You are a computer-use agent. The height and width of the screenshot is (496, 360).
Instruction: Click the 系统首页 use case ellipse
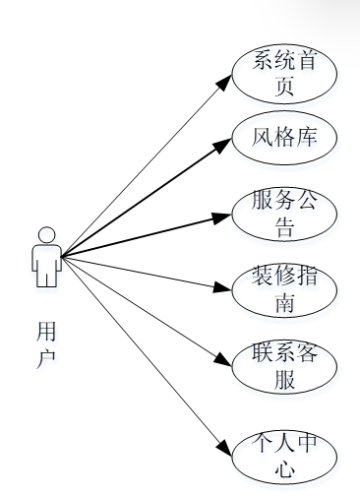(284, 73)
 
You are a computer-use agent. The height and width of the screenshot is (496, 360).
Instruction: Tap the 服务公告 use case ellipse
(284, 216)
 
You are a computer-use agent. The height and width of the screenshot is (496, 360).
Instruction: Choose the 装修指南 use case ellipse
(284, 292)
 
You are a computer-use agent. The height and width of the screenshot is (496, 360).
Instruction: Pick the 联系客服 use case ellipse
(284, 368)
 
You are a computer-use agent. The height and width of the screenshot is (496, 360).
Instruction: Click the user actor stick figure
(45, 258)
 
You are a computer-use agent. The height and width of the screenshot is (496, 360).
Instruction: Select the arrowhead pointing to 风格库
(223, 143)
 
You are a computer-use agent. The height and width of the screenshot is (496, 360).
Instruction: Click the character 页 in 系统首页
(284, 87)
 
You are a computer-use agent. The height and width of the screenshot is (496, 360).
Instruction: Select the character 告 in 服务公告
(284, 229)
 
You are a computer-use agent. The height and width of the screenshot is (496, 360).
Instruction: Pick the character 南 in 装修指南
(284, 306)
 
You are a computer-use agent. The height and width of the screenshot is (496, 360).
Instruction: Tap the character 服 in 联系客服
(284, 382)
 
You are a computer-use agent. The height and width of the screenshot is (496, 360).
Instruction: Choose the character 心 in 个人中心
(284, 469)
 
